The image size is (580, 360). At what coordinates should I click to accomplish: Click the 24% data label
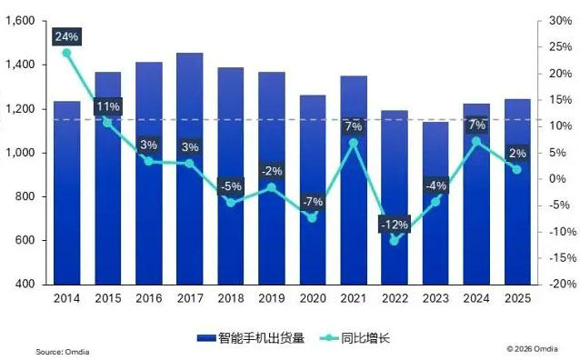(67, 37)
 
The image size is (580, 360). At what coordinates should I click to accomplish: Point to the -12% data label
(395, 224)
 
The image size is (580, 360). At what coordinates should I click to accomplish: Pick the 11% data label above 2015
(108, 105)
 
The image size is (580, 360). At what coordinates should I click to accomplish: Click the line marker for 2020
(312, 217)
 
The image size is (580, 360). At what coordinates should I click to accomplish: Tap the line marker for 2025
(516, 170)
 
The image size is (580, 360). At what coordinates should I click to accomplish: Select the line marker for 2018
(231, 202)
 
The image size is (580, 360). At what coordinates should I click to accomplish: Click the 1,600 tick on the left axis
(19, 21)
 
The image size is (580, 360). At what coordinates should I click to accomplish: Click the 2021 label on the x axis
(353, 297)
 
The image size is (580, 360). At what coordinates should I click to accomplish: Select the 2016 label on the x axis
(149, 297)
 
